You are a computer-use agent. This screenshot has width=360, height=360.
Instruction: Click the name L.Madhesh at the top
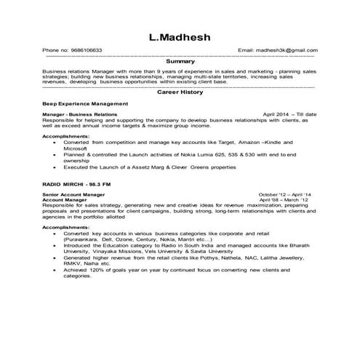(180, 36)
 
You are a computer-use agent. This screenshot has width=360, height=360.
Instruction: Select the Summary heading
(180, 63)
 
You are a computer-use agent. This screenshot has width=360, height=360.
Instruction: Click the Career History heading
(179, 93)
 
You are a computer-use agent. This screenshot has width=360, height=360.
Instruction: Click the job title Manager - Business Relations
(79, 115)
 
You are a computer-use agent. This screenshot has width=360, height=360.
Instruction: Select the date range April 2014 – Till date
(289, 115)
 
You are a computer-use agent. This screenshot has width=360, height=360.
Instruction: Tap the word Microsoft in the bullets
(76, 148)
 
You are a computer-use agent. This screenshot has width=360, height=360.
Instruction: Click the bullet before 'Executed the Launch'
(56, 167)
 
